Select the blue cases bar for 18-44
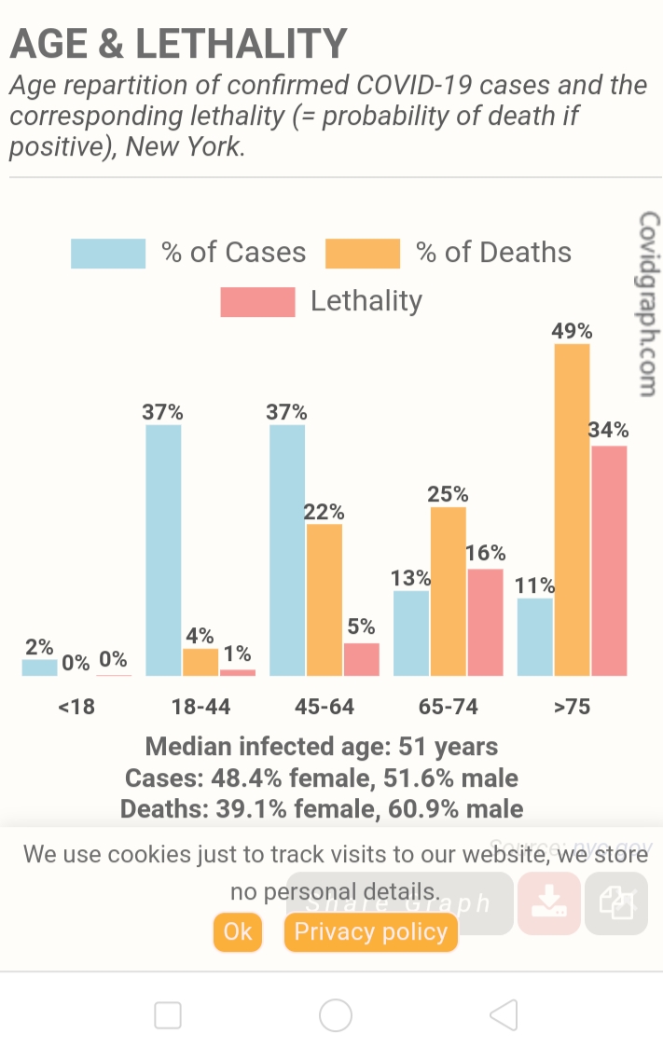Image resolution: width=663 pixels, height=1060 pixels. pyautogui.click(x=163, y=550)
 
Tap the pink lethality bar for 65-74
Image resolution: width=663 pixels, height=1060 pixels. pyautogui.click(x=485, y=622)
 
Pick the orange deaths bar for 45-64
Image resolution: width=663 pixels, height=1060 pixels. pyautogui.click(x=325, y=599)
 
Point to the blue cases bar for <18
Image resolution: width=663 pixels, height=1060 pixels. pyautogui.click(x=39, y=668)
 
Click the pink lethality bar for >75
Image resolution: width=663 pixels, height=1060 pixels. pyautogui.click(x=609, y=560)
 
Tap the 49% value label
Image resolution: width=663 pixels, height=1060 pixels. pyautogui.click(x=572, y=331)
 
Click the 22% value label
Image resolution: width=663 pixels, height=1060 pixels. pyautogui.click(x=325, y=512)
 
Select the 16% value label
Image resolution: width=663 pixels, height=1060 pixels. pyautogui.click(x=485, y=553)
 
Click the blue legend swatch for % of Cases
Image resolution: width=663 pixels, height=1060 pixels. pyautogui.click(x=108, y=254)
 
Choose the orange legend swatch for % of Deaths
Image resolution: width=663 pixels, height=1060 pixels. pyautogui.click(x=363, y=254)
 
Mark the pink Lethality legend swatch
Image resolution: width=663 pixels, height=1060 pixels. pyautogui.click(x=257, y=302)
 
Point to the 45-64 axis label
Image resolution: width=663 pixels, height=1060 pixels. pyautogui.click(x=325, y=707)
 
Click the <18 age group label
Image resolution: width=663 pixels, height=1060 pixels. pyautogui.click(x=76, y=707)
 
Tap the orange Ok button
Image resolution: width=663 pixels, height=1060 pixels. pyautogui.click(x=238, y=931)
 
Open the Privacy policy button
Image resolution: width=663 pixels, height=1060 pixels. pyautogui.click(x=370, y=931)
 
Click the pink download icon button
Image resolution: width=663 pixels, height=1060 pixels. pyautogui.click(x=549, y=902)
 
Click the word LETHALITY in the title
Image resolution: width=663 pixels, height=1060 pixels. pyautogui.click(x=242, y=44)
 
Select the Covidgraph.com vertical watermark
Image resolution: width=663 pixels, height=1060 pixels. pyautogui.click(x=649, y=304)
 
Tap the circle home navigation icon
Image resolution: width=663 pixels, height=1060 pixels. pyautogui.click(x=336, y=1015)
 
